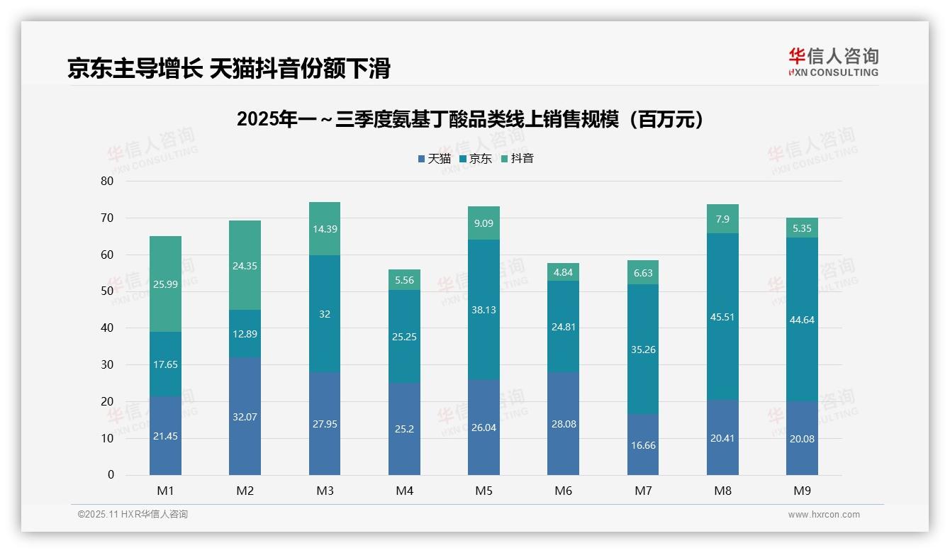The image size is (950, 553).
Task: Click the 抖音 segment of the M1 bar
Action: click(x=165, y=284)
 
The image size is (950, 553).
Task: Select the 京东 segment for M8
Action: click(x=722, y=317)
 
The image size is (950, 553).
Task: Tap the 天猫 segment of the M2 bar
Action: click(x=245, y=416)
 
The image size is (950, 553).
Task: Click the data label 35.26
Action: click(x=643, y=349)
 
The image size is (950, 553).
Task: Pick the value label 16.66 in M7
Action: click(x=643, y=445)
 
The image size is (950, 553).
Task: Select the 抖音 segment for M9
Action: click(x=802, y=228)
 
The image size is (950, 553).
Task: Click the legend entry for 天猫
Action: click(x=434, y=159)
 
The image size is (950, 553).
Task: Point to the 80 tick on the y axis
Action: click(x=107, y=181)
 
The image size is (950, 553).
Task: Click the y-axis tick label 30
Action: click(x=107, y=364)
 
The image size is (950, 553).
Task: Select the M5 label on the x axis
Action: click(x=484, y=491)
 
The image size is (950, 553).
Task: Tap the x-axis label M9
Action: click(x=802, y=491)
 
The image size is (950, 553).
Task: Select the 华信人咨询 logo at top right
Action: click(x=833, y=62)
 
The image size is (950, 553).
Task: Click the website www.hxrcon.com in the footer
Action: click(x=824, y=515)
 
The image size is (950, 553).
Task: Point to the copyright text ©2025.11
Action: click(x=133, y=515)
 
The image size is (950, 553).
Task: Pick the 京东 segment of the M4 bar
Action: click(x=404, y=337)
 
